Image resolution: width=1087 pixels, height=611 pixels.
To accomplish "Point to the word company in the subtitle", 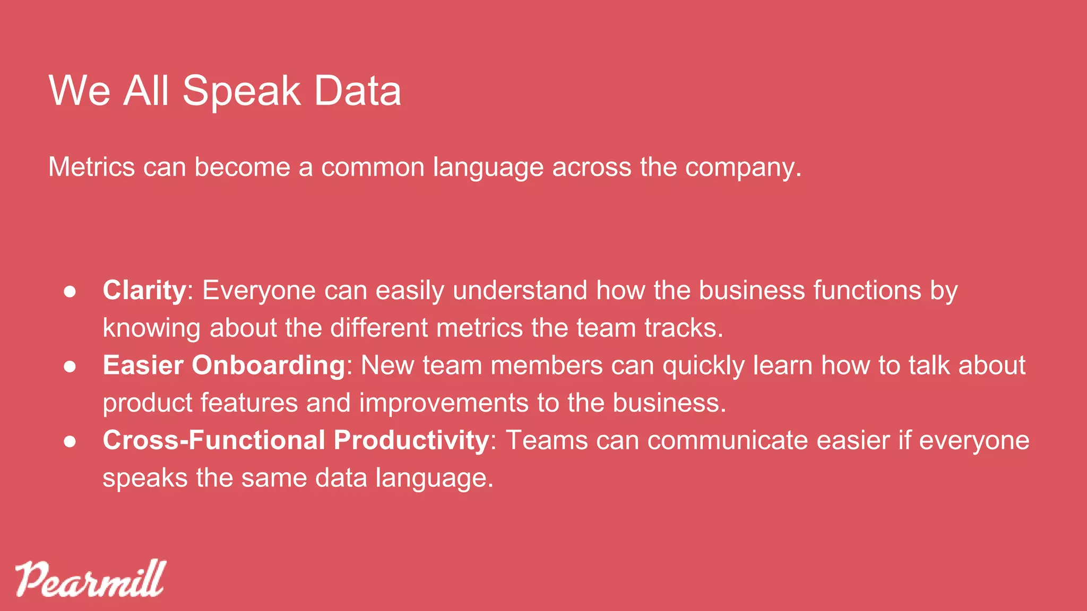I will (741, 168).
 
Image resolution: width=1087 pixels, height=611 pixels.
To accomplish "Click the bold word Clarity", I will (144, 291).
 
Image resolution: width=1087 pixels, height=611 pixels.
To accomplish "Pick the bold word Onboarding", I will (269, 366).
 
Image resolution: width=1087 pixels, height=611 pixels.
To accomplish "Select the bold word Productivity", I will (411, 440).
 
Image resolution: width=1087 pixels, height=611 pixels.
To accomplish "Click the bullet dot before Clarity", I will (70, 292).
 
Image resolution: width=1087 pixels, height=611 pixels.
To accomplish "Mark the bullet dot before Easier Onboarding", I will (70, 366).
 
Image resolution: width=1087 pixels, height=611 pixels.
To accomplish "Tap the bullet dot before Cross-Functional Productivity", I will (70, 441).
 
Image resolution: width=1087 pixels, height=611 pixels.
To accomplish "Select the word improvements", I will (444, 403).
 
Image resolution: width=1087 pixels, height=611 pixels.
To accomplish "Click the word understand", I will (520, 291).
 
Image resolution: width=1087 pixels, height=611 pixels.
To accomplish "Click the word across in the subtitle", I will (592, 167).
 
